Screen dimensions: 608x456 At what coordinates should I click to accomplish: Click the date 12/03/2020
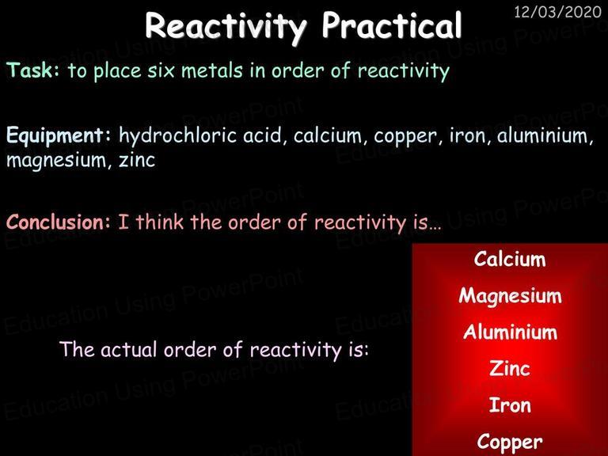click(x=557, y=12)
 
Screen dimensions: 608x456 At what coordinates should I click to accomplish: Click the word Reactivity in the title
click(x=226, y=26)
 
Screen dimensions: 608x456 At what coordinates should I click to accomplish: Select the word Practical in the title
click(x=392, y=25)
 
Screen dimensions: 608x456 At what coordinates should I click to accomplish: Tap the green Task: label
click(x=33, y=70)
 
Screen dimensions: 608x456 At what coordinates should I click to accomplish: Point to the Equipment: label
click(x=59, y=136)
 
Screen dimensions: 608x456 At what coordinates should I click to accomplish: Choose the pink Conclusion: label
click(x=59, y=222)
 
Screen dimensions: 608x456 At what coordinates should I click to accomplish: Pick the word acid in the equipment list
click(x=265, y=135)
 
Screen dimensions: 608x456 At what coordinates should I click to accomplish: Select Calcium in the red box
click(x=510, y=259)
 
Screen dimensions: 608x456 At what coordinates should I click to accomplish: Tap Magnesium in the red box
click(x=510, y=296)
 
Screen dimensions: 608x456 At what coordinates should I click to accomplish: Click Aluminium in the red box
click(x=510, y=332)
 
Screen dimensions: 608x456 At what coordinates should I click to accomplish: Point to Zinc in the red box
click(x=510, y=368)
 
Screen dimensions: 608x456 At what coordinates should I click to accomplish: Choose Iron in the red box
click(x=510, y=405)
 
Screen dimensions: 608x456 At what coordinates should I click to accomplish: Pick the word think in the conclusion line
click(x=159, y=222)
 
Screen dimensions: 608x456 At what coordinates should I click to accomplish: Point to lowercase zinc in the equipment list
click(x=137, y=160)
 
